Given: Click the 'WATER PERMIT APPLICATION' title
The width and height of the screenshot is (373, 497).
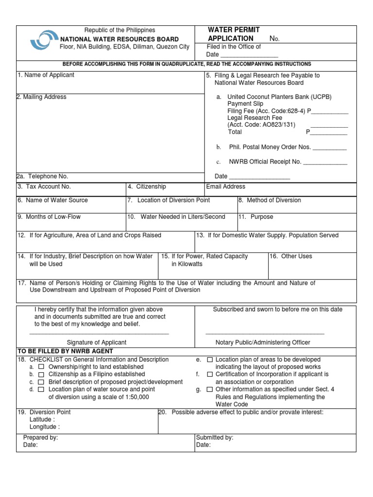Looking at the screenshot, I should point(231,34).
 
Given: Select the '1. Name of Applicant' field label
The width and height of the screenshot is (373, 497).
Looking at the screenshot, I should point(46,75).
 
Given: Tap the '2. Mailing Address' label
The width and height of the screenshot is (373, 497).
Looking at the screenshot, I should point(41,97).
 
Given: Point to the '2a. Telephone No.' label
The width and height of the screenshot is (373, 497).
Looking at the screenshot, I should point(42,177).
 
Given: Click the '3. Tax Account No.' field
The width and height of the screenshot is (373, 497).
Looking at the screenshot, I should point(44,186).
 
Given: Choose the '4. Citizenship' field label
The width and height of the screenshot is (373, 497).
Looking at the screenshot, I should point(147,186).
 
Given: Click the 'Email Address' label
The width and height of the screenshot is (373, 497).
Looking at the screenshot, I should point(226,186).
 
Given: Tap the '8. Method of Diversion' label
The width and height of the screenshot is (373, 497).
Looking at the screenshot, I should point(270,200).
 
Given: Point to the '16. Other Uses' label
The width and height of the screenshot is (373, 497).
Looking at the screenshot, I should point(291,256).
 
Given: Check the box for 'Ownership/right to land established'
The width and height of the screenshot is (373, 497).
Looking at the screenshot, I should point(41,367).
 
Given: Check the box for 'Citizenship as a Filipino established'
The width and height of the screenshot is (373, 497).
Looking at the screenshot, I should point(41,375).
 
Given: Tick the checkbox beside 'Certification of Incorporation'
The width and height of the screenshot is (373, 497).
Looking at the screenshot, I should point(210,375).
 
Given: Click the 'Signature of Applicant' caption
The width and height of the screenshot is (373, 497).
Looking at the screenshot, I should point(97,343).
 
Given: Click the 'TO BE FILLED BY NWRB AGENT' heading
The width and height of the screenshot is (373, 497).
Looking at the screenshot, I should point(65,351).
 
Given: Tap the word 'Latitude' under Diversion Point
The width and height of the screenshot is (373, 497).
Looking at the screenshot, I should point(42,419).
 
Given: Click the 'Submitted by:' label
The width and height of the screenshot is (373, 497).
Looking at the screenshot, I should point(215,438).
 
